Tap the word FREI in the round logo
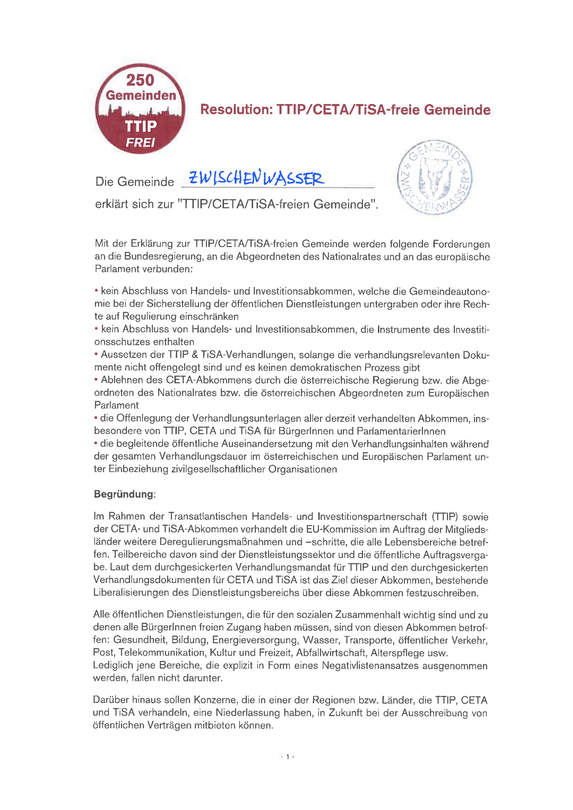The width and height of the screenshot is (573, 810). pyautogui.click(x=141, y=143)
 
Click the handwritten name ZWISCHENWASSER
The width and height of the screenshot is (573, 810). pyautogui.click(x=257, y=178)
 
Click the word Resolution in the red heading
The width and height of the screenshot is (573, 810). pyautogui.click(x=236, y=110)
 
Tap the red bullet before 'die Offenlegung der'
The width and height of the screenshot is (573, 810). pyautogui.click(x=96, y=418)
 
